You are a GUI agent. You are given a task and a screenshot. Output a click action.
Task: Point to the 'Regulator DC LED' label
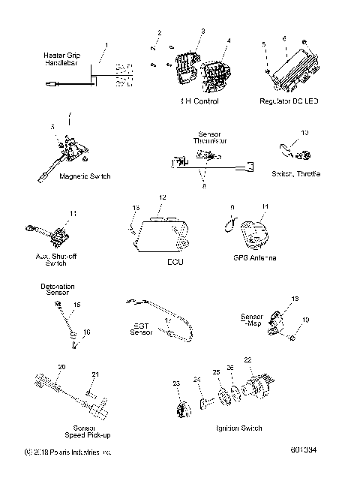(289, 100)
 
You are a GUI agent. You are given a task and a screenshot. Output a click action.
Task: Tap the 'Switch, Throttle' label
(295, 173)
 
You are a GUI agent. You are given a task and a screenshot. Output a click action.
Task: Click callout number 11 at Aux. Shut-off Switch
(73, 215)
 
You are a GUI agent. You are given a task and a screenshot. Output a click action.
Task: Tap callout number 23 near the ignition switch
(177, 383)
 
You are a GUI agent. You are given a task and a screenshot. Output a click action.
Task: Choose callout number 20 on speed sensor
(61, 367)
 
